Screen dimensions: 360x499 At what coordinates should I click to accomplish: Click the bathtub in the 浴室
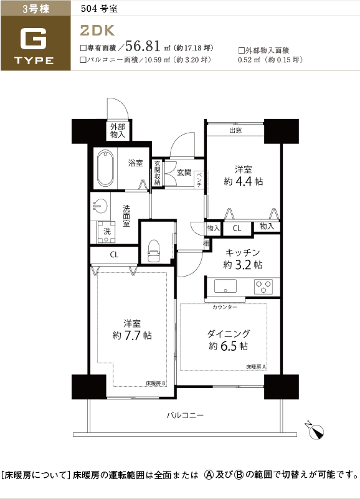click(x=105, y=168)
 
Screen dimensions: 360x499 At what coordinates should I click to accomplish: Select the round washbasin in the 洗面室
click(x=100, y=206)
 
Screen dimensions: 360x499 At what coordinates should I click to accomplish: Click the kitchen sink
click(x=225, y=286)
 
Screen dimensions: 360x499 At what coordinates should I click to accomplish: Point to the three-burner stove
click(x=263, y=287)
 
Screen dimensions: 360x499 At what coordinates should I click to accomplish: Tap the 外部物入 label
click(x=118, y=130)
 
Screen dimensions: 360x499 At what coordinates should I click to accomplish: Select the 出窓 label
click(x=235, y=130)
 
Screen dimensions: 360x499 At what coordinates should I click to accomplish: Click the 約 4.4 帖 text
click(x=243, y=181)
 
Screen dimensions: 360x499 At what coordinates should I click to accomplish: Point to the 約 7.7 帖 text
click(x=132, y=335)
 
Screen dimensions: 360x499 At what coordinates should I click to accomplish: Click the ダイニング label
click(x=229, y=333)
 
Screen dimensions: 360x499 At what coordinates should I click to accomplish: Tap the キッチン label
click(x=243, y=253)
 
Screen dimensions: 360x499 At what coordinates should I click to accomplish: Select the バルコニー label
click(x=185, y=415)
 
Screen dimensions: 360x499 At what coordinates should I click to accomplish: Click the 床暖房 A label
click(x=256, y=366)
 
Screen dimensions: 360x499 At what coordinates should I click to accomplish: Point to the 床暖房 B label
click(x=156, y=383)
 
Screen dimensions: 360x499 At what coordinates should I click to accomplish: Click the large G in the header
click(x=34, y=39)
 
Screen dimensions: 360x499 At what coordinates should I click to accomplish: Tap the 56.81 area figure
click(x=143, y=46)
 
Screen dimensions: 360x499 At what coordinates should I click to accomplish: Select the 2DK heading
click(x=97, y=31)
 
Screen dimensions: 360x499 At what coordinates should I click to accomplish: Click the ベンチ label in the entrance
click(x=199, y=179)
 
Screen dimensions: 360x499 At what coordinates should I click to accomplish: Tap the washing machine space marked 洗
click(x=107, y=231)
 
